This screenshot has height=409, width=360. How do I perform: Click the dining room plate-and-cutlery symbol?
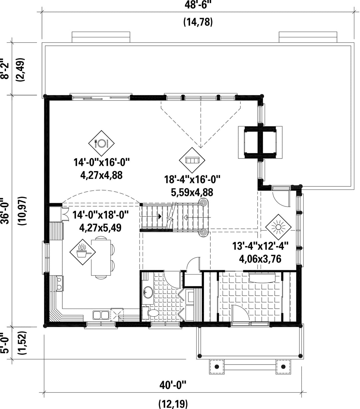[x=101, y=143]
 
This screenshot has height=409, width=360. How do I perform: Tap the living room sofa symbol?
[x=192, y=160]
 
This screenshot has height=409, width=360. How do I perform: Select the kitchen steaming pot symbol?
[x=82, y=252]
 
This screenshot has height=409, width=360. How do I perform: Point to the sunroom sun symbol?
[x=278, y=227]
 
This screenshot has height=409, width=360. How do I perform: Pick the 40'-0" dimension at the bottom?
[x=173, y=386]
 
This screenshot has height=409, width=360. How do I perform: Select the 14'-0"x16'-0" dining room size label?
[x=101, y=162]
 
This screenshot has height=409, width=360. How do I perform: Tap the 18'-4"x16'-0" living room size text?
[x=192, y=179]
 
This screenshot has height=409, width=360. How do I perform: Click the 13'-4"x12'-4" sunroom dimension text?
[x=260, y=246]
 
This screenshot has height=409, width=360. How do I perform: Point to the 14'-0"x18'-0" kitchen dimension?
[x=100, y=215]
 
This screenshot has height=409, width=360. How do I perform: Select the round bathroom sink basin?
[x=148, y=292]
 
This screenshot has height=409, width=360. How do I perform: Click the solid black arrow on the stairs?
[x=160, y=217]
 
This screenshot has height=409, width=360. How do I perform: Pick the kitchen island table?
[x=101, y=258]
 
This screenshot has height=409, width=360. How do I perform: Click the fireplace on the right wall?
[x=260, y=142]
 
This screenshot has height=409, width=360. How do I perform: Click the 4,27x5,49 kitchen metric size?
[x=100, y=228]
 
